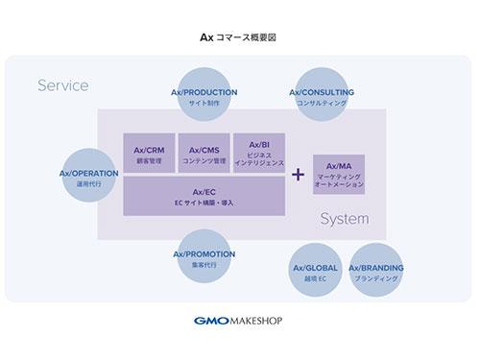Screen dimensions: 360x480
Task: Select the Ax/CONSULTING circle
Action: coord(322,97)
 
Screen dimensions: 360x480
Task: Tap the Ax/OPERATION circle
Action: coord(88,177)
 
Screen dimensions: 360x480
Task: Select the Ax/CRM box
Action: coord(149,156)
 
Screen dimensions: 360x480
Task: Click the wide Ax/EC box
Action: coord(205,197)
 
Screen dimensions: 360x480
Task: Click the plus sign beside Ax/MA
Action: coord(298,175)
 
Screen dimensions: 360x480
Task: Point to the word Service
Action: coord(63,85)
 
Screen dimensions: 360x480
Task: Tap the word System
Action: coord(344,218)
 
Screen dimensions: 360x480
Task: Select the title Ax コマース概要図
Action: coord(239,38)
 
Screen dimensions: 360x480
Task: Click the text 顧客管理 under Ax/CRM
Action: coord(149,161)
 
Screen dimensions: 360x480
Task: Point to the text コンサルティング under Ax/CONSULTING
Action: coord(322,103)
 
